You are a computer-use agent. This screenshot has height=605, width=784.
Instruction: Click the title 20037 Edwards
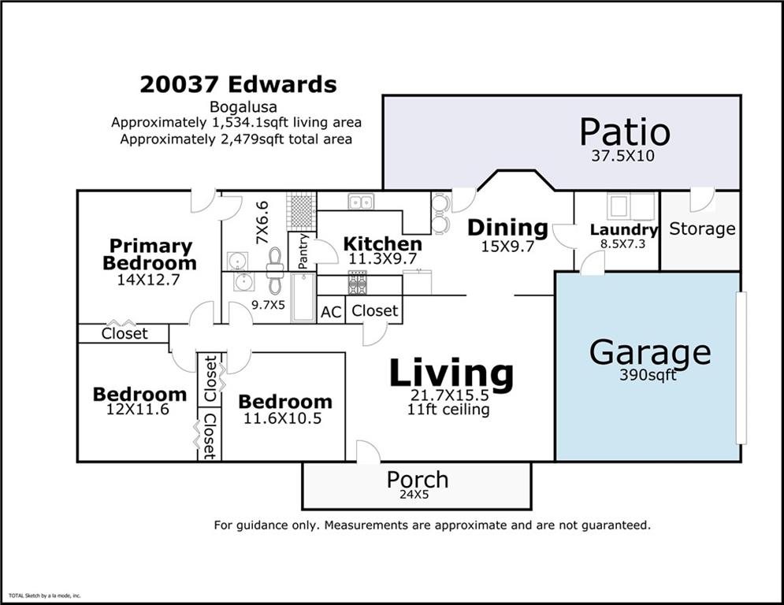tap(238, 84)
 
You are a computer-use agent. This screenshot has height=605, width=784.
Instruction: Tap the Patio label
tap(624, 132)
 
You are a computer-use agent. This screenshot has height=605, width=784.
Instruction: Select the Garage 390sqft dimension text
tap(648, 375)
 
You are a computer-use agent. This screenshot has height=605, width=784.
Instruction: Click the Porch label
tap(417, 479)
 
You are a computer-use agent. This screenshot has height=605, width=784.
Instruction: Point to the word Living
tap(451, 374)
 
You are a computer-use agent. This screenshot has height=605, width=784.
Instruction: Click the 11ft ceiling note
tap(448, 410)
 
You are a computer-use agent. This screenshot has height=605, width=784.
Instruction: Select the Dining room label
tap(507, 228)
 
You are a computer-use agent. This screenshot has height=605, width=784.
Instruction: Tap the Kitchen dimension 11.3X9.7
tap(382, 258)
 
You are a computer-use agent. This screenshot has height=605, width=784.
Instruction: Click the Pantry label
tap(303, 251)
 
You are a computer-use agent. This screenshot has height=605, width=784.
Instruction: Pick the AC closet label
tap(331, 312)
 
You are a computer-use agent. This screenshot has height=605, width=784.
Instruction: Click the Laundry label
tap(623, 230)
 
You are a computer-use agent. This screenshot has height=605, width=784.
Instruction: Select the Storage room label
tap(701, 228)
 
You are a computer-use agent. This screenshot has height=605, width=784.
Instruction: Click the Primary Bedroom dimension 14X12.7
tap(149, 280)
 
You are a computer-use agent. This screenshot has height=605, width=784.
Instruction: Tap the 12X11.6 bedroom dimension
tap(138, 409)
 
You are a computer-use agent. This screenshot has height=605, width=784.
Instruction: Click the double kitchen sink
tap(361, 202)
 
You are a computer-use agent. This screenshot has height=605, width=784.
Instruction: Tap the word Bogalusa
tap(237, 106)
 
